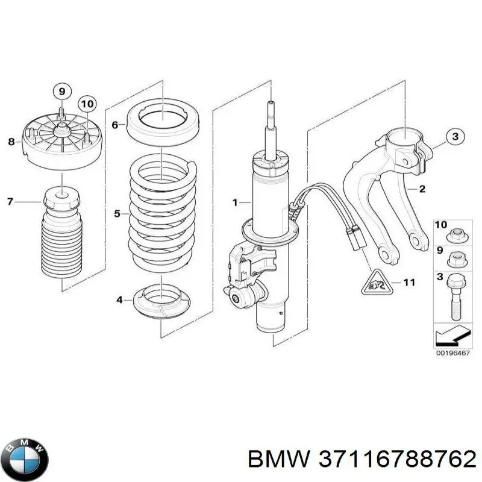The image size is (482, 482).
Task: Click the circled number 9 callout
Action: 61,92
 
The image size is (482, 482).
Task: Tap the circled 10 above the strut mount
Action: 87,104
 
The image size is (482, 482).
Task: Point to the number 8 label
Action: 11,142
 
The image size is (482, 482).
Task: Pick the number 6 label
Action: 114,125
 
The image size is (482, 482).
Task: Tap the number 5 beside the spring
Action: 117,213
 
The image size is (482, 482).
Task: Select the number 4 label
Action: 119,299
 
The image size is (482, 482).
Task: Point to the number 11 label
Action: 410,281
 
